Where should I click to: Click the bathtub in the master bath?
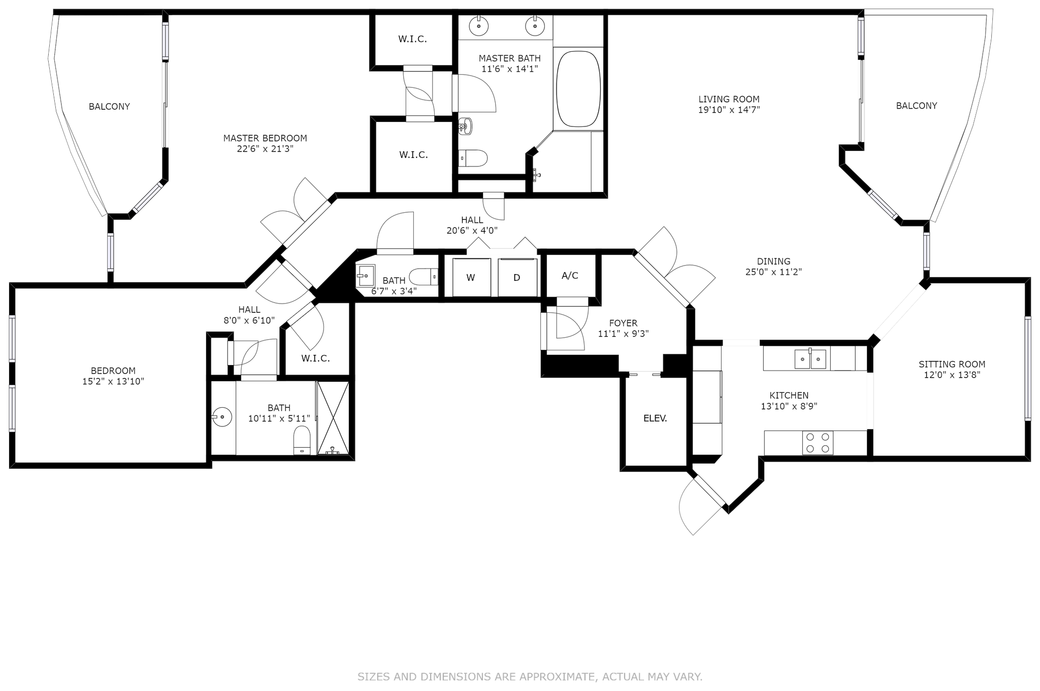pyautogui.click(x=578, y=89)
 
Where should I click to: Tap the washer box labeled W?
pyautogui.click(x=471, y=277)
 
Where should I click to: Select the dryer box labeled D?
pyautogui.click(x=517, y=277)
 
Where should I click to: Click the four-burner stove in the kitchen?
pyautogui.click(x=818, y=443)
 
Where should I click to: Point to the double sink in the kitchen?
pyautogui.click(x=810, y=359)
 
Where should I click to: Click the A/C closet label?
pyautogui.click(x=570, y=276)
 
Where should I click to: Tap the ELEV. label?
pyautogui.click(x=655, y=418)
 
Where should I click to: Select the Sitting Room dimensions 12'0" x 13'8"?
pyautogui.click(x=952, y=375)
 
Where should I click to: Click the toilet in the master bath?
pyautogui.click(x=473, y=158)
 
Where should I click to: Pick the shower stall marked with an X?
pyautogui.click(x=333, y=417)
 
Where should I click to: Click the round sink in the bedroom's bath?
pyautogui.click(x=222, y=417)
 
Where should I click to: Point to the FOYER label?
pyautogui.click(x=623, y=323)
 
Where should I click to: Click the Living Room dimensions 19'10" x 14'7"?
pyautogui.click(x=729, y=110)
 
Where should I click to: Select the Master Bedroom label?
pyautogui.click(x=265, y=138)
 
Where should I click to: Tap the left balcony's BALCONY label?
pyautogui.click(x=109, y=107)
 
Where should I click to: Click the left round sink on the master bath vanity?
pyautogui.click(x=478, y=25)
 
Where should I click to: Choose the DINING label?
pyautogui.click(x=773, y=261)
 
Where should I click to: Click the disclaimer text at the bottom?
pyautogui.click(x=530, y=677)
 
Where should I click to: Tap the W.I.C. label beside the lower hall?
pyautogui.click(x=315, y=358)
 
